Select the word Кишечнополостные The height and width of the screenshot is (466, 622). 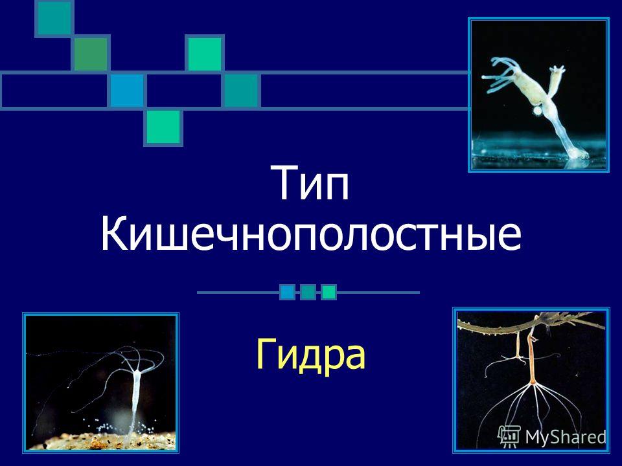coord(311,236)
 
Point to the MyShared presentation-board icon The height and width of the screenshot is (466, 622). coord(510,436)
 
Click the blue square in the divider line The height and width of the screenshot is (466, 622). coord(288,293)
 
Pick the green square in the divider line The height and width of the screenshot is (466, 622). coord(329,293)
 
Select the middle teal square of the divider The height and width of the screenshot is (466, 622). coord(308,293)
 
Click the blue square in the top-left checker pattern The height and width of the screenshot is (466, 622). coord(126,91)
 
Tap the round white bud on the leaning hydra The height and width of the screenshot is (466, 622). coord(537,111)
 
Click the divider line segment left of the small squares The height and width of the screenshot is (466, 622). coord(236,293)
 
